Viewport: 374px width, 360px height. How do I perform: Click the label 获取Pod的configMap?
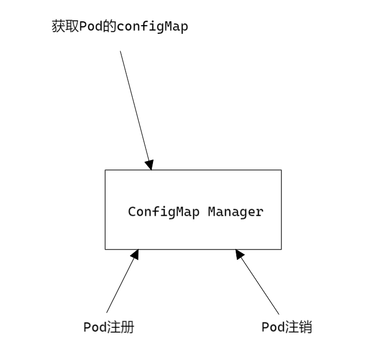coord(119,28)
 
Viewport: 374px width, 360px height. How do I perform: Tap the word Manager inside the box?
coord(235,211)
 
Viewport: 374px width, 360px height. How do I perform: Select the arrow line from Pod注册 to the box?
coord(121,283)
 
